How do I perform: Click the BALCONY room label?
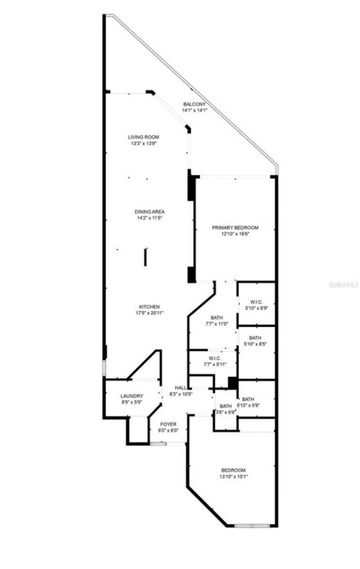click(195, 104)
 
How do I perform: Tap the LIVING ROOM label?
click(143, 137)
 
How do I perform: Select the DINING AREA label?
click(150, 211)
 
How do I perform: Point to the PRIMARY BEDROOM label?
click(235, 227)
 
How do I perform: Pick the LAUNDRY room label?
click(132, 396)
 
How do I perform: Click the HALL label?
click(181, 388)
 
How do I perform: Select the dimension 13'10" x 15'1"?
click(233, 477)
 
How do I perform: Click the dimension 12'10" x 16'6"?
click(235, 234)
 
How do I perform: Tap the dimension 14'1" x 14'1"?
click(195, 110)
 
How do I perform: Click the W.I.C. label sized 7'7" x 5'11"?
click(214, 358)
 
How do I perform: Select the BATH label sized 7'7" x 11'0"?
click(217, 317)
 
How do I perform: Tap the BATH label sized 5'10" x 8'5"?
click(255, 338)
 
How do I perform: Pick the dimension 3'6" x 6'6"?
click(226, 412)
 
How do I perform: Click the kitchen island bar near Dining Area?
click(145, 256)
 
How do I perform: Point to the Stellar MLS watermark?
click(344, 285)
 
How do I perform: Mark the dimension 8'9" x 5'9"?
click(132, 403)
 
